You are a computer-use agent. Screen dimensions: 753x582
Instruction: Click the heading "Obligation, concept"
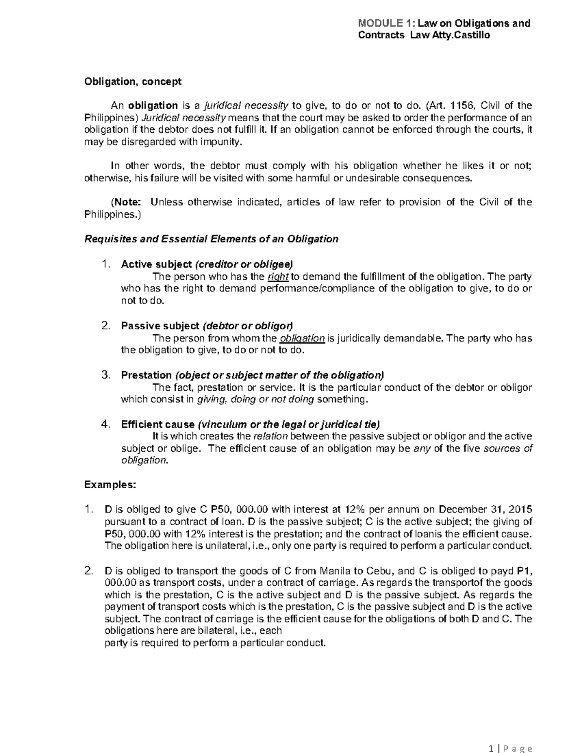133,81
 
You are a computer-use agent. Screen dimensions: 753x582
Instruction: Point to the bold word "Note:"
127,202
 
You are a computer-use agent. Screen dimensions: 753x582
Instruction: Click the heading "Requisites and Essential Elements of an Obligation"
211,239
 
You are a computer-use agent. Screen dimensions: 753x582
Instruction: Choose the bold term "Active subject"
156,264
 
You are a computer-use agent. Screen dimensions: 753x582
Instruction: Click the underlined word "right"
278,277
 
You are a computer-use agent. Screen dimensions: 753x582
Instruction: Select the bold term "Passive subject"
160,326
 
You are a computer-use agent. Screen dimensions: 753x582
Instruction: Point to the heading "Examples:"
110,485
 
